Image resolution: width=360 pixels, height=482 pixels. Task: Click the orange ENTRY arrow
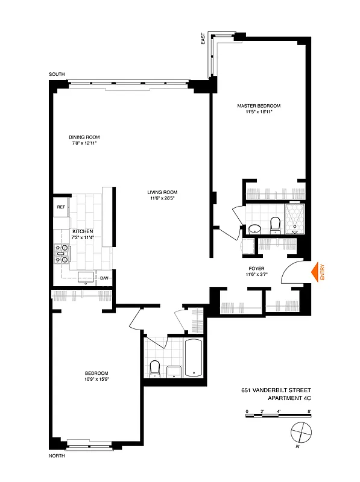pyautogui.click(x=314, y=273)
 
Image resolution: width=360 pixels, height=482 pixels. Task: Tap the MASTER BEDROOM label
pyautogui.click(x=263, y=105)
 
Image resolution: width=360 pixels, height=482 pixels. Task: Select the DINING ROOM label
pyautogui.click(x=84, y=137)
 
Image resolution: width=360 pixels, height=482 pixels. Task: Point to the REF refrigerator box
pyautogui.click(x=61, y=207)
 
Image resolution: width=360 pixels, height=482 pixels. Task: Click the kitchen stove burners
pyautogui.click(x=62, y=254)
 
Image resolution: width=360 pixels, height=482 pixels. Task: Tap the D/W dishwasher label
pyautogui.click(x=104, y=278)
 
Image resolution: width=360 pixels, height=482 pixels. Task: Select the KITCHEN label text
pyautogui.click(x=83, y=231)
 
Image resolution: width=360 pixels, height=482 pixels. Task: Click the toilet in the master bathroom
pyautogui.click(x=276, y=224)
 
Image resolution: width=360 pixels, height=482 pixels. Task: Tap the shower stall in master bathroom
pyautogui.click(x=295, y=219)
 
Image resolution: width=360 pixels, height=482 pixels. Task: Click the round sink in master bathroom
pyautogui.click(x=255, y=228)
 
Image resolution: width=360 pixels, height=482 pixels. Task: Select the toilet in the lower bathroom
pyautogui.click(x=154, y=368)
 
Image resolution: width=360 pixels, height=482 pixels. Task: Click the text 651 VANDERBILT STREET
pyautogui.click(x=277, y=390)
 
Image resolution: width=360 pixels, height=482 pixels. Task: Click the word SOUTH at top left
pyautogui.click(x=57, y=74)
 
